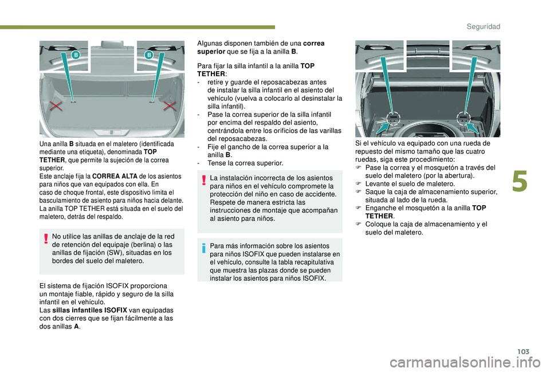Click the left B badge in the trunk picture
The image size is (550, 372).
(x=76, y=55)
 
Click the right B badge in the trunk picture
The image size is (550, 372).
(x=149, y=55)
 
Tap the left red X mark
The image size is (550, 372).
(x=56, y=105)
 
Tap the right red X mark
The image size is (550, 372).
(x=170, y=105)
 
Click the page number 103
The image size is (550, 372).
(x=523, y=351)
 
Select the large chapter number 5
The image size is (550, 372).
(x=520, y=182)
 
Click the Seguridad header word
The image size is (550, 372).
(x=484, y=26)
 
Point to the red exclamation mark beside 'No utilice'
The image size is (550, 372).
(x=46, y=238)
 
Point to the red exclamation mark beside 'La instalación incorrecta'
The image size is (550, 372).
(x=204, y=180)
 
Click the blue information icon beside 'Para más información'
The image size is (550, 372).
(x=204, y=248)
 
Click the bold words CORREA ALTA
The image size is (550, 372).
(x=115, y=176)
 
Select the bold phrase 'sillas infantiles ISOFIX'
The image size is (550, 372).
(x=90, y=310)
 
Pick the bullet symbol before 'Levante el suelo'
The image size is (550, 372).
(x=359, y=183)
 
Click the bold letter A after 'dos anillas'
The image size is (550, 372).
(x=76, y=326)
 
